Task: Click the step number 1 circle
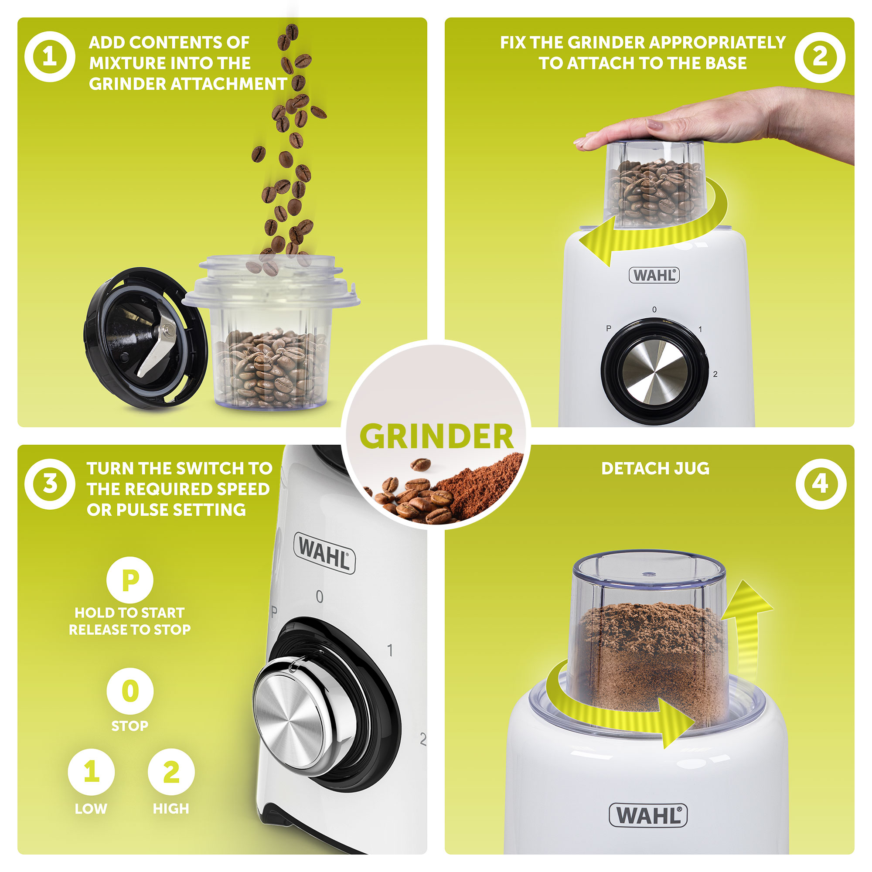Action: pyautogui.click(x=50, y=57)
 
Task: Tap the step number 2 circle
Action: pyautogui.click(x=820, y=57)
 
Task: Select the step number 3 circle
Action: pyautogui.click(x=50, y=484)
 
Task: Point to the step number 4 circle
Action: pyautogui.click(x=821, y=484)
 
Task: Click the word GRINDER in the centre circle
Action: pyautogui.click(x=436, y=437)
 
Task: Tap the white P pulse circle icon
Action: pyautogui.click(x=130, y=580)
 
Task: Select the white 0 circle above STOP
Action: pyautogui.click(x=130, y=691)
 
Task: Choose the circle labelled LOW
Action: pyautogui.click(x=91, y=772)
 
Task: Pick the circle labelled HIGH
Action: pyautogui.click(x=171, y=772)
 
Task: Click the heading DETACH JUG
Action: pyautogui.click(x=655, y=469)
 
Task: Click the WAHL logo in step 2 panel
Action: pyautogui.click(x=654, y=275)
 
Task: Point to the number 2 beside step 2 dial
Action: pyautogui.click(x=715, y=374)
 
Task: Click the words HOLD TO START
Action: pyautogui.click(x=130, y=613)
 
